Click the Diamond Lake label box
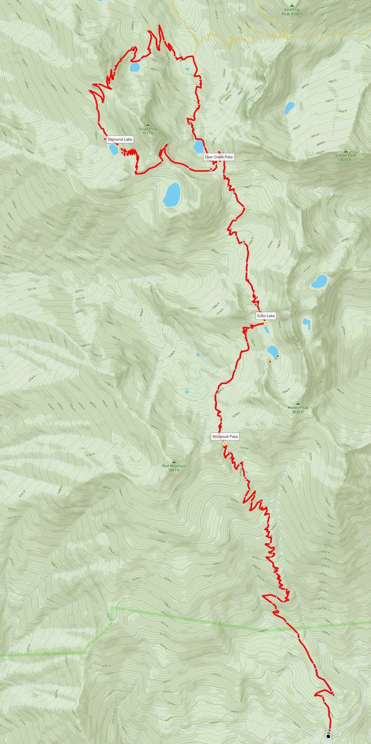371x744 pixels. [120, 139]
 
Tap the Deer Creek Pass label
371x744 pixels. [219, 157]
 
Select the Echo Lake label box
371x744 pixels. [266, 316]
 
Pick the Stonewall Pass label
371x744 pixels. [225, 436]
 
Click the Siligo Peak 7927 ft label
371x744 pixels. [148, 131]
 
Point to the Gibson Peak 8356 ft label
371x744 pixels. [346, 157]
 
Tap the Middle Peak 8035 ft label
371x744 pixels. [298, 410]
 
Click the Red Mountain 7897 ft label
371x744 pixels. [174, 468]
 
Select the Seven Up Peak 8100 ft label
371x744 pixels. [292, 12]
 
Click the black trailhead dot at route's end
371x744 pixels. [328, 735]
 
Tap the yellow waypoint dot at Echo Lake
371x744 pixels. [266, 323]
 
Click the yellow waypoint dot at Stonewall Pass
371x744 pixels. [225, 443]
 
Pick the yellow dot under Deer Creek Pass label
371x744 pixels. [219, 164]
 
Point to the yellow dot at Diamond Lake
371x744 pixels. [119, 146]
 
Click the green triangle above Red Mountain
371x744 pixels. [174, 461]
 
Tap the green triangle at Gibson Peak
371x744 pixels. [346, 151]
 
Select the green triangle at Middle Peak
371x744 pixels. [298, 403]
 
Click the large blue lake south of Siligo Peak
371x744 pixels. [172, 195]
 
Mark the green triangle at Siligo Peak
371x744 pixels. [148, 124]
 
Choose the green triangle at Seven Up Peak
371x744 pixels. [292, 5]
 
